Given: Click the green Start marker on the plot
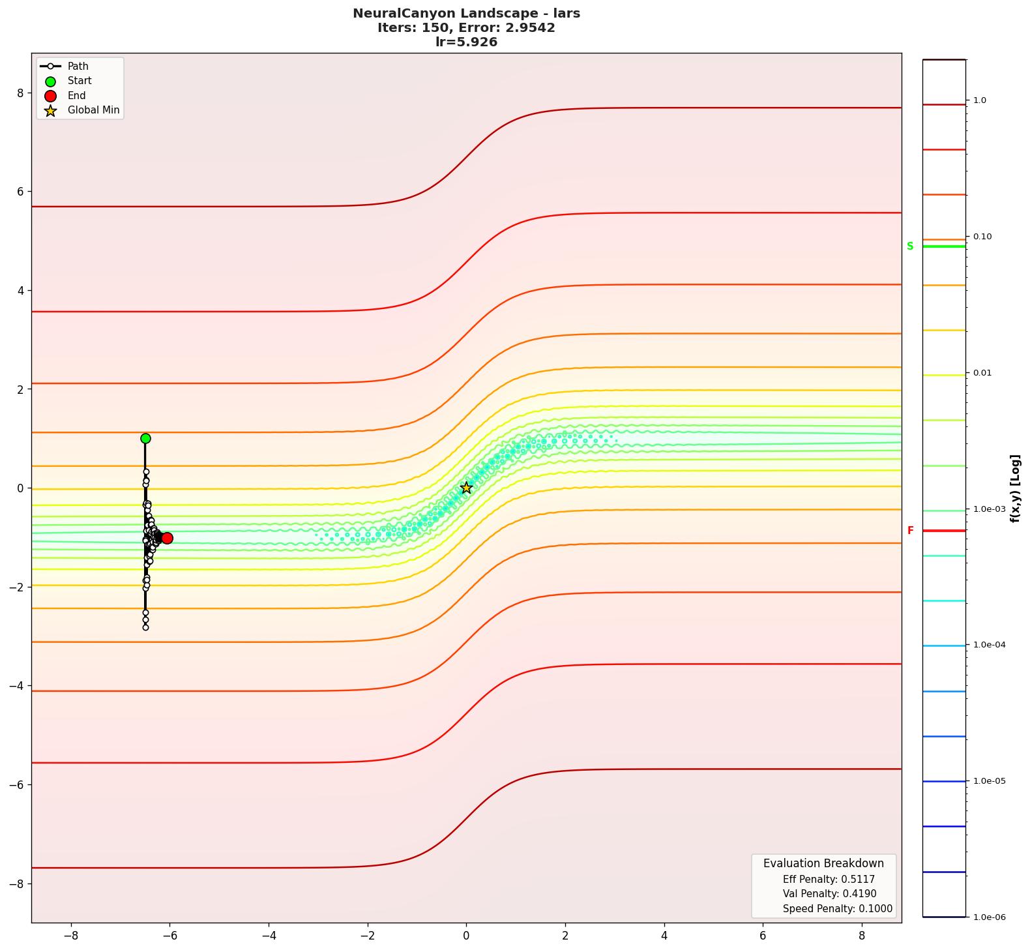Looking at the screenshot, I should (x=145, y=438).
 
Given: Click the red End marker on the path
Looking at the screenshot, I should (x=167, y=538).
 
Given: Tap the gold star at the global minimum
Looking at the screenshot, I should (x=466, y=488).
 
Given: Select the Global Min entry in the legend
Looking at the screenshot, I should (x=93, y=110).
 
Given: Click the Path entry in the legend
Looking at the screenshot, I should (x=78, y=67).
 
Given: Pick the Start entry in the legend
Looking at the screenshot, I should (x=80, y=81).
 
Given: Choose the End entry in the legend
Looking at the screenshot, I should (x=76, y=96).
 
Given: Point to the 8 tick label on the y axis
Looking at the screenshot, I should (x=20, y=93).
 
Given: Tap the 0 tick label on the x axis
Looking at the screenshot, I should (x=466, y=936).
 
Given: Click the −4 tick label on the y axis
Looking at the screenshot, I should (x=17, y=686).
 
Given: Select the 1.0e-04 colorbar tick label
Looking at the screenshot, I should (x=989, y=646).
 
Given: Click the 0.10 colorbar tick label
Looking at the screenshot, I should (x=982, y=237).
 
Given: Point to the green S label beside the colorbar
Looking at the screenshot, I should (x=910, y=246).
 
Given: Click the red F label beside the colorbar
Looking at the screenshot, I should (x=910, y=531).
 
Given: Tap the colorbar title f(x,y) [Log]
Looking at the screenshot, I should (x=1015, y=488).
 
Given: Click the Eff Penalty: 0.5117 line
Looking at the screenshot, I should (x=829, y=880).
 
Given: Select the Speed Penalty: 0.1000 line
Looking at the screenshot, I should (x=837, y=909).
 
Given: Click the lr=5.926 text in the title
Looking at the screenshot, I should (x=466, y=42).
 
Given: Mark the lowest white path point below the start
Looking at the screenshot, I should (x=145, y=627).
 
